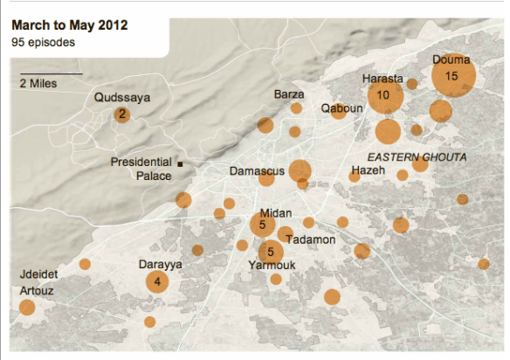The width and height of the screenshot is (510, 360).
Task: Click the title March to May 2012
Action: tap(69, 24)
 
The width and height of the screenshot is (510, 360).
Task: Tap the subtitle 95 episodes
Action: tap(42, 41)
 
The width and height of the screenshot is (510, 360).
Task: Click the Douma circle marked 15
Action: tap(452, 76)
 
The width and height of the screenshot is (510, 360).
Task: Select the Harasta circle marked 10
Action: tap(383, 94)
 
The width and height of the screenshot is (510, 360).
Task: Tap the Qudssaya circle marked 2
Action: tap(122, 114)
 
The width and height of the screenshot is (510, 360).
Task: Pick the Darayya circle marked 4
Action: tap(157, 281)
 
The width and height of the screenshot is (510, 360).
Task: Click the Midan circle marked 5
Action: tap(262, 225)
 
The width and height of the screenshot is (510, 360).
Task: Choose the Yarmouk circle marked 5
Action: tap(271, 253)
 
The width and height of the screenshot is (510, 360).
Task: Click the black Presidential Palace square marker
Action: tap(180, 163)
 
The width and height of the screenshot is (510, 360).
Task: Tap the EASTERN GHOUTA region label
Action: tap(417, 157)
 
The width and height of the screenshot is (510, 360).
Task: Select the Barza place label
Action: tap(288, 93)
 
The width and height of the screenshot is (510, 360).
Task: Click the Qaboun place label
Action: tap(340, 108)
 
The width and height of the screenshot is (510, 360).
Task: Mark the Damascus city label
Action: tap(256, 171)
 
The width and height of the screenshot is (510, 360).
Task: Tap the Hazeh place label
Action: tap(367, 170)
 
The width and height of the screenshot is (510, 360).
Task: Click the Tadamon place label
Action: tap(309, 239)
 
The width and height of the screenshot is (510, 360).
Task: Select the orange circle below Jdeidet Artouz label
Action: tap(27, 307)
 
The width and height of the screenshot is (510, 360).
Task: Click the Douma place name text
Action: tap(451, 59)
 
